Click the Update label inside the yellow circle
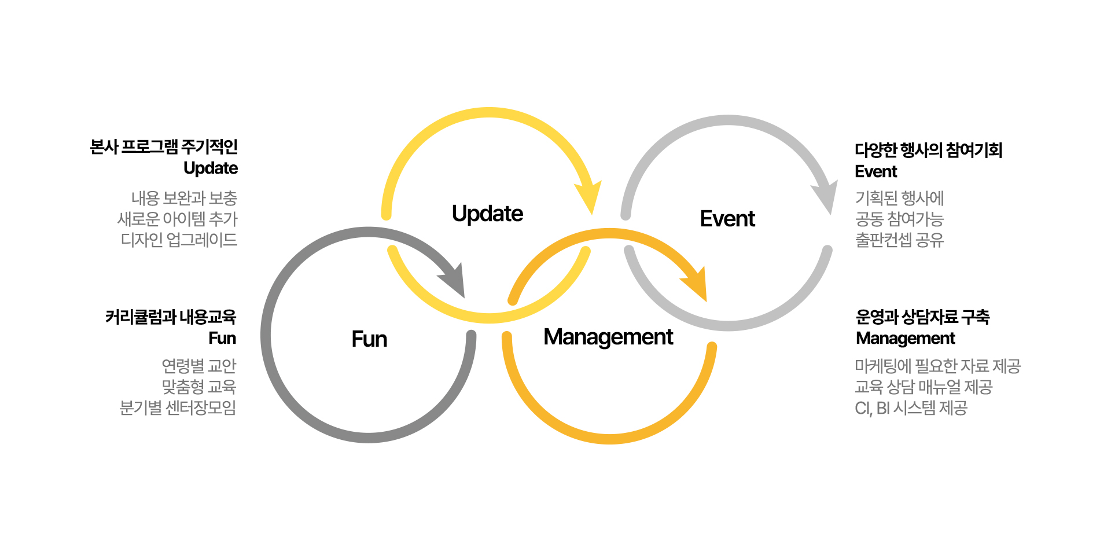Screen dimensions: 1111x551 click(x=487, y=214)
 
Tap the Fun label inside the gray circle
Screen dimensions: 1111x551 click(x=369, y=339)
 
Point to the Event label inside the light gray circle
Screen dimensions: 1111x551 click(x=727, y=219)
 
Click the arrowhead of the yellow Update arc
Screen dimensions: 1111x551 click(x=589, y=197)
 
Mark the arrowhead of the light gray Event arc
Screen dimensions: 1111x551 click(x=826, y=197)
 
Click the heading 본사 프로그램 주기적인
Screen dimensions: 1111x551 click(x=164, y=147)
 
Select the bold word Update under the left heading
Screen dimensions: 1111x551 click(x=211, y=168)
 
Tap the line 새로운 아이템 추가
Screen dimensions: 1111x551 click(x=177, y=219)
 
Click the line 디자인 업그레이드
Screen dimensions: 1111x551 click(x=179, y=240)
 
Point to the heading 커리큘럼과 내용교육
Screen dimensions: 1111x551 click(x=171, y=317)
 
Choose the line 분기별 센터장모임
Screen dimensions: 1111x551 click(x=178, y=407)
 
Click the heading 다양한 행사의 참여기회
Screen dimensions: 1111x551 click(x=929, y=150)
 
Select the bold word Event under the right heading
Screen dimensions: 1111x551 click(x=876, y=172)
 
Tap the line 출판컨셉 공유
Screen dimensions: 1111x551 click(x=899, y=240)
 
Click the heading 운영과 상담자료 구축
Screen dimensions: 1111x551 click(x=922, y=317)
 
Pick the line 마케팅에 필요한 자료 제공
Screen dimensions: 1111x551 click(x=937, y=366)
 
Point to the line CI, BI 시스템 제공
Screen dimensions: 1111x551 click(x=911, y=408)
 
